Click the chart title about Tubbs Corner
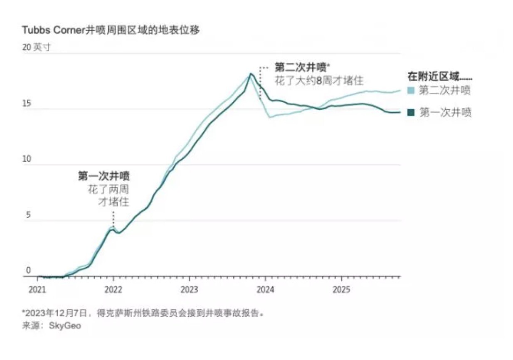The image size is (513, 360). [x=111, y=31]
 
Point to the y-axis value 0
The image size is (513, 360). [x=29, y=271]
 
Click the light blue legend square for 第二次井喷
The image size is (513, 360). [x=411, y=91]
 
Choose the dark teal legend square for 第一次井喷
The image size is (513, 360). [x=411, y=113]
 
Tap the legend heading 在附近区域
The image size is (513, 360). [x=440, y=77]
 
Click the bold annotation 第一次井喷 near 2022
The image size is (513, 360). [x=104, y=176]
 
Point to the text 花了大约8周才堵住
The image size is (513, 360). [x=319, y=81]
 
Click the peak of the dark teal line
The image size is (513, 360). [x=251, y=74]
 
